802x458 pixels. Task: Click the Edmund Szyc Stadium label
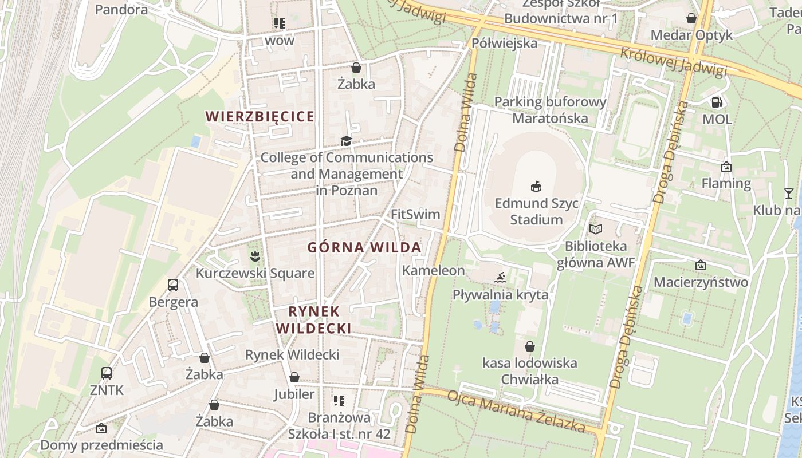[x=536, y=212]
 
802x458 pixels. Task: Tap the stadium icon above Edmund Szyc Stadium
[x=536, y=186]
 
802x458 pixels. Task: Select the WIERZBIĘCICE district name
[x=260, y=116]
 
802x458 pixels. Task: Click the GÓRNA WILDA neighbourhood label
[x=364, y=247]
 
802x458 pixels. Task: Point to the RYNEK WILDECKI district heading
[x=314, y=319]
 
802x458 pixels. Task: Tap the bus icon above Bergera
[x=172, y=285]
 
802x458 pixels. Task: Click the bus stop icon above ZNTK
[x=107, y=373]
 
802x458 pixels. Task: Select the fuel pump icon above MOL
[x=717, y=102]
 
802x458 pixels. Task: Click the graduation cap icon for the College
[x=346, y=141]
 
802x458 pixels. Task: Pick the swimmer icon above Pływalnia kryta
[x=500, y=278]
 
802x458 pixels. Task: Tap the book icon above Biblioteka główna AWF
[x=596, y=229]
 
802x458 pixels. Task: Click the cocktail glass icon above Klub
[x=788, y=193]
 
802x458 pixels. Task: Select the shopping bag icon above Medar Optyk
[x=691, y=18]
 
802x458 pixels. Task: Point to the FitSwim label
[x=415, y=214]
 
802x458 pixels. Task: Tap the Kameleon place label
[x=433, y=270]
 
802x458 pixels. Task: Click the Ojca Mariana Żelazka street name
[x=516, y=412]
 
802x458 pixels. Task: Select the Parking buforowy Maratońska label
[x=550, y=110]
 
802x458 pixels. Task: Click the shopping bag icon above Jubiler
[x=294, y=377]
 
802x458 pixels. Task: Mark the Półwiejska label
[x=505, y=43]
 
